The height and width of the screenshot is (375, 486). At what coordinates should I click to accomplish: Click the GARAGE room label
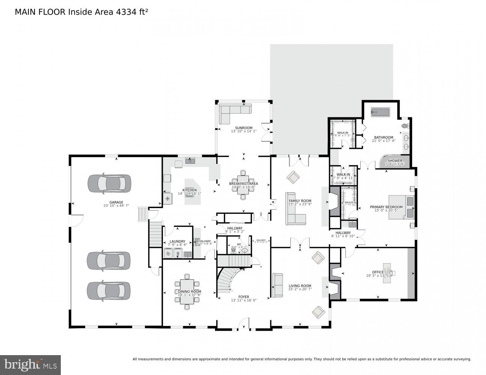click(116, 202)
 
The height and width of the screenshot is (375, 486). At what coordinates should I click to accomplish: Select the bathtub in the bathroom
click(381, 112)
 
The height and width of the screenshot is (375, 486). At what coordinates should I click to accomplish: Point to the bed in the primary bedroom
click(402, 207)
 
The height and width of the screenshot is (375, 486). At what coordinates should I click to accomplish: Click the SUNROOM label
click(244, 127)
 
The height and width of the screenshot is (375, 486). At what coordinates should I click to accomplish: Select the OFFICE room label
click(378, 272)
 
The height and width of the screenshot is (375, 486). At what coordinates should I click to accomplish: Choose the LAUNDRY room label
click(177, 241)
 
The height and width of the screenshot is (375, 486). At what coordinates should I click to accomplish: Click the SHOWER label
click(395, 160)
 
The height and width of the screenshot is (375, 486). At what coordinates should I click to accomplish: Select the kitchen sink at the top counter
click(190, 161)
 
